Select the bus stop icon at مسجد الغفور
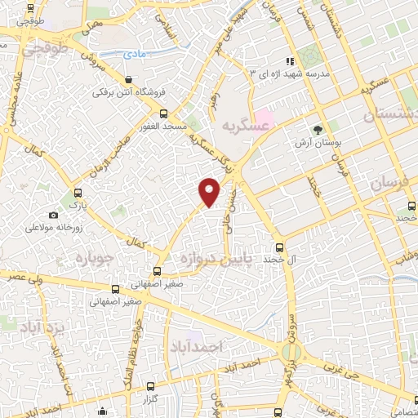[163, 113]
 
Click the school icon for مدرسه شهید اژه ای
[288, 61]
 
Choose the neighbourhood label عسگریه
[245, 126]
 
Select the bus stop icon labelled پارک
[78, 193]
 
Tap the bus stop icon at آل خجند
[279, 247]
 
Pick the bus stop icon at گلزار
[149, 386]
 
